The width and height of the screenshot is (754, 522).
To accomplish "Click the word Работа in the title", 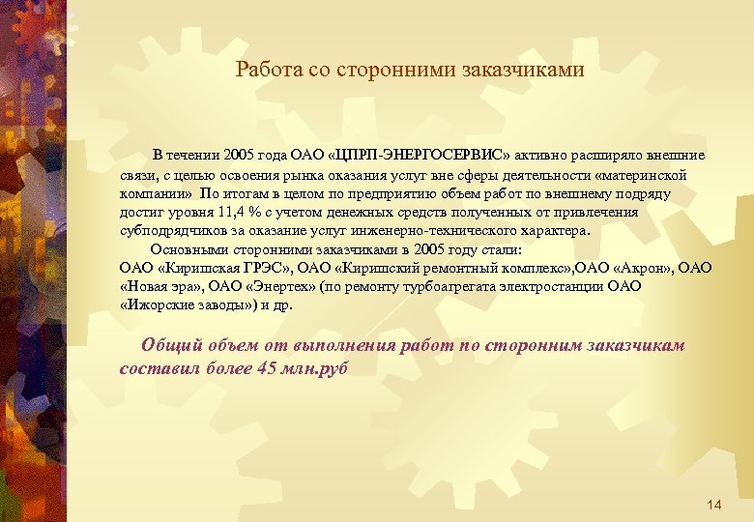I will click(x=265, y=70).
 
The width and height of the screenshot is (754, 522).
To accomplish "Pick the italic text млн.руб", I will click(x=315, y=368).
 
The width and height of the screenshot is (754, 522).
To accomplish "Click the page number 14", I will click(x=714, y=505).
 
